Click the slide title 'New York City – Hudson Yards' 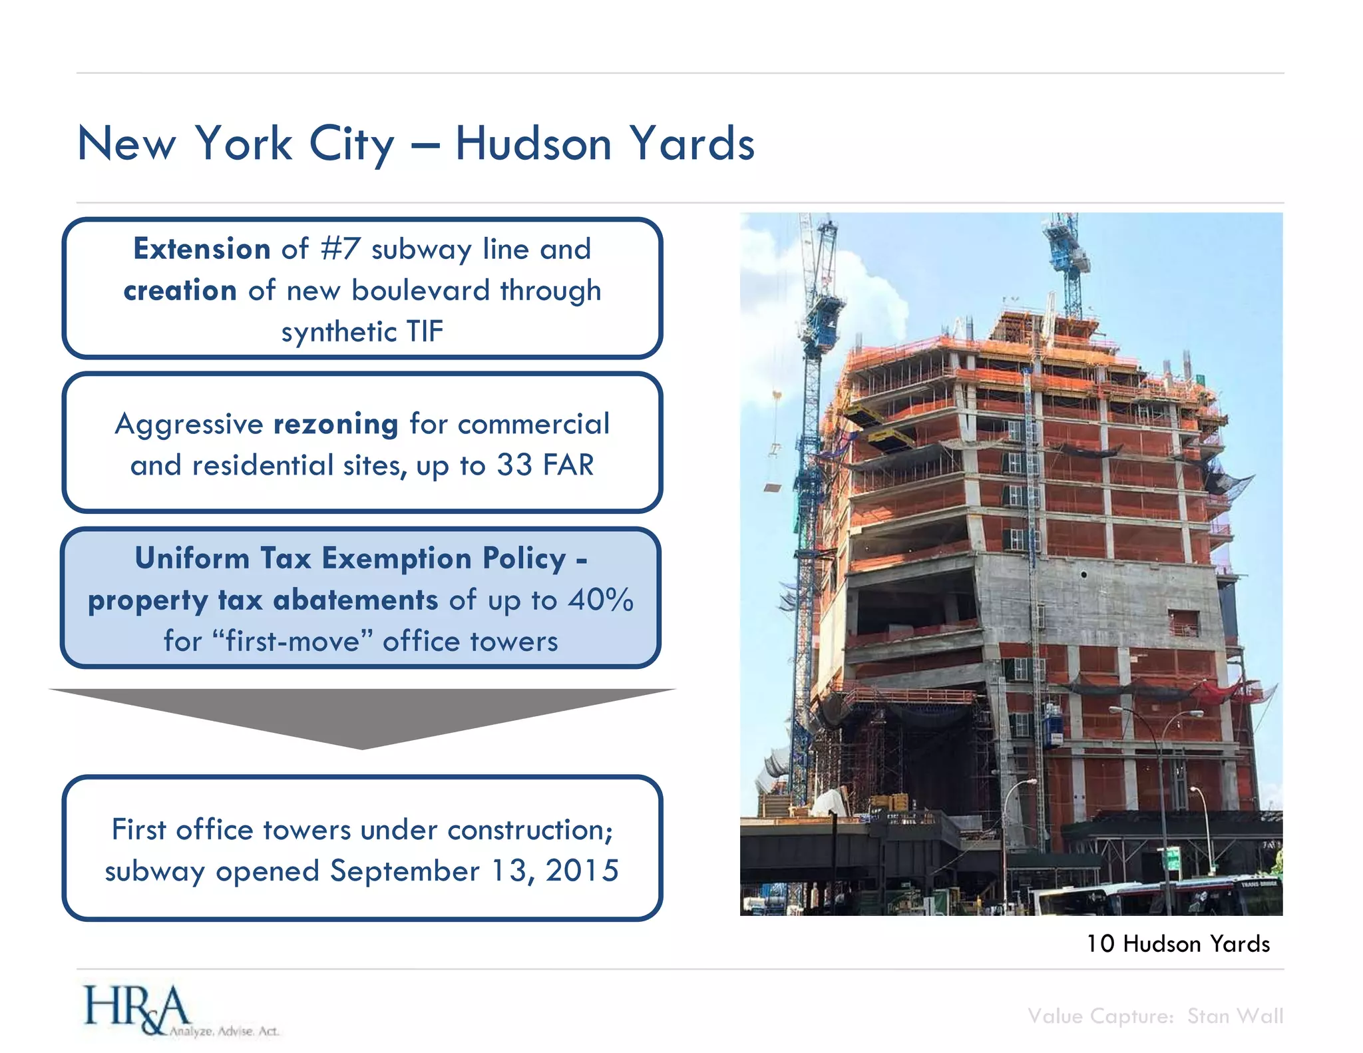(x=416, y=144)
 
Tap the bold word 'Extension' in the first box (x=202, y=249)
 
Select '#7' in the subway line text (x=340, y=249)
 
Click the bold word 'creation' (x=180, y=291)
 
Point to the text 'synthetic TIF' (x=362, y=331)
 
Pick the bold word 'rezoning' (x=336, y=424)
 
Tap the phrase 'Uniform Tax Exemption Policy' (x=351, y=558)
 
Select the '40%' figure (x=600, y=600)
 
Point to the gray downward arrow (x=362, y=716)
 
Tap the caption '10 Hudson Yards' (x=1177, y=944)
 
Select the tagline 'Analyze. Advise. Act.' (x=224, y=1032)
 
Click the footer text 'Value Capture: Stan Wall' (x=1155, y=1016)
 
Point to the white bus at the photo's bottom (x=1158, y=899)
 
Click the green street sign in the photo (x=1173, y=858)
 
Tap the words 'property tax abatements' (x=263, y=600)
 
